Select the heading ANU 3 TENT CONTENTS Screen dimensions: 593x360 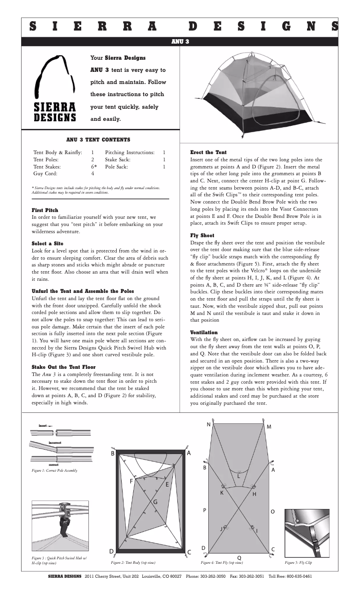click(x=98, y=140)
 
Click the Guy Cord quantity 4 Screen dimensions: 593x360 click(x=92, y=173)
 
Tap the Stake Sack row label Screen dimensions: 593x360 click(x=118, y=159)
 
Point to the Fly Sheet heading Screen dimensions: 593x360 click(x=202, y=235)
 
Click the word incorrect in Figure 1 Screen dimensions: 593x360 click(x=54, y=443)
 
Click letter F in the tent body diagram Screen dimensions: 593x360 click(x=132, y=481)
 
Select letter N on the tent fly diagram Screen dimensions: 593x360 click(x=209, y=425)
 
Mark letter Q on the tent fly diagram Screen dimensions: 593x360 click(x=239, y=558)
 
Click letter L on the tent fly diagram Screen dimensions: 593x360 click(x=239, y=476)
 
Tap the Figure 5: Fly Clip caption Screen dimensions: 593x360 click(x=298, y=562)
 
